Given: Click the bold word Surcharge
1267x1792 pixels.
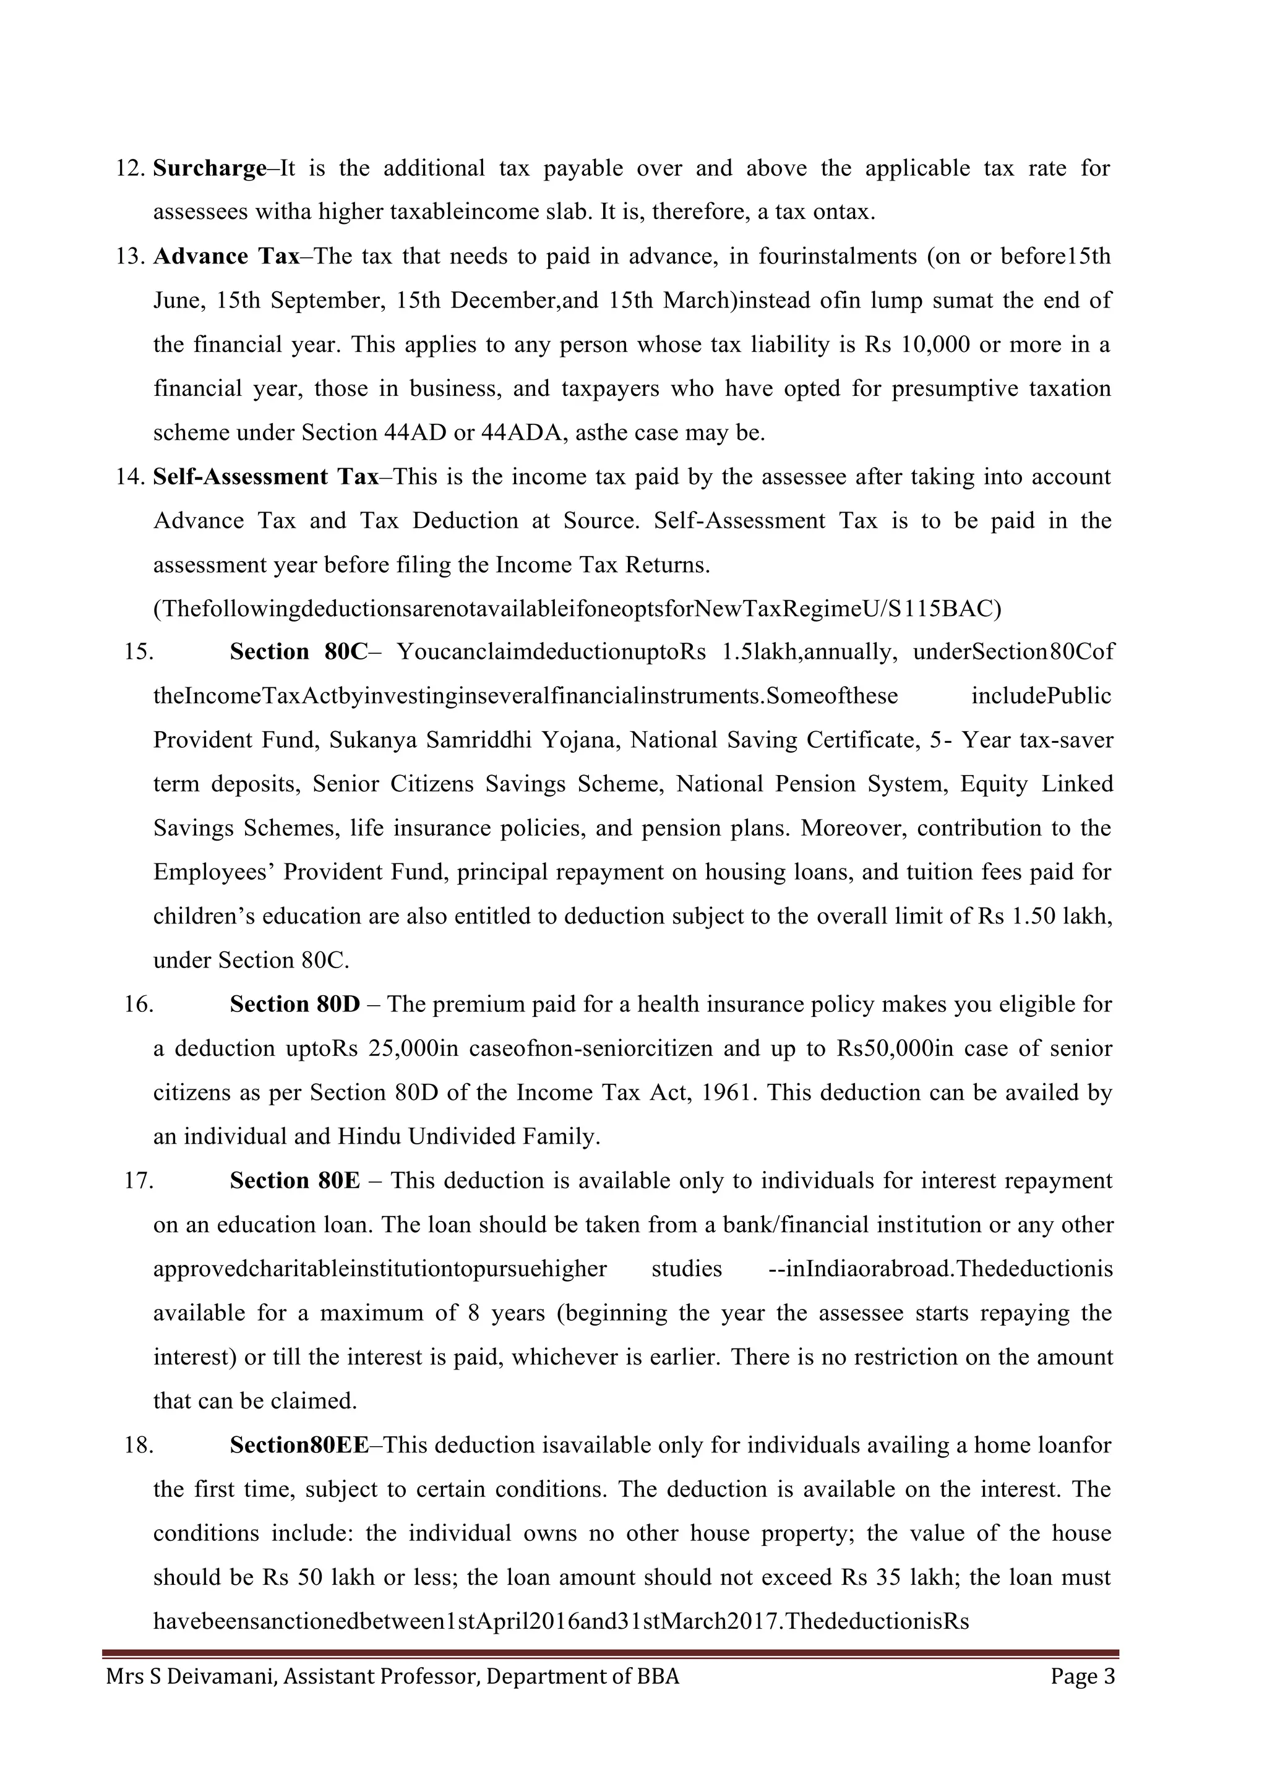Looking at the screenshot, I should [209, 169].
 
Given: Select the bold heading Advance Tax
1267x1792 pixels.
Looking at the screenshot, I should [226, 257].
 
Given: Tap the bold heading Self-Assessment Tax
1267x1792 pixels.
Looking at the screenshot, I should [265, 477].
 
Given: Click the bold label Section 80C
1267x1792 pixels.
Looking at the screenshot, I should [298, 653].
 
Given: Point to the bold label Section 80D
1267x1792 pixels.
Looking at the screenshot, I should [295, 1005].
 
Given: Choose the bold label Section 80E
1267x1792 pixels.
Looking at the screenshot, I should [295, 1181].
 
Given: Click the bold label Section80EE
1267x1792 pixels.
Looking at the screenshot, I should [299, 1446].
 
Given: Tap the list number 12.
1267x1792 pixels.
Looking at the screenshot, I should [129, 169].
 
